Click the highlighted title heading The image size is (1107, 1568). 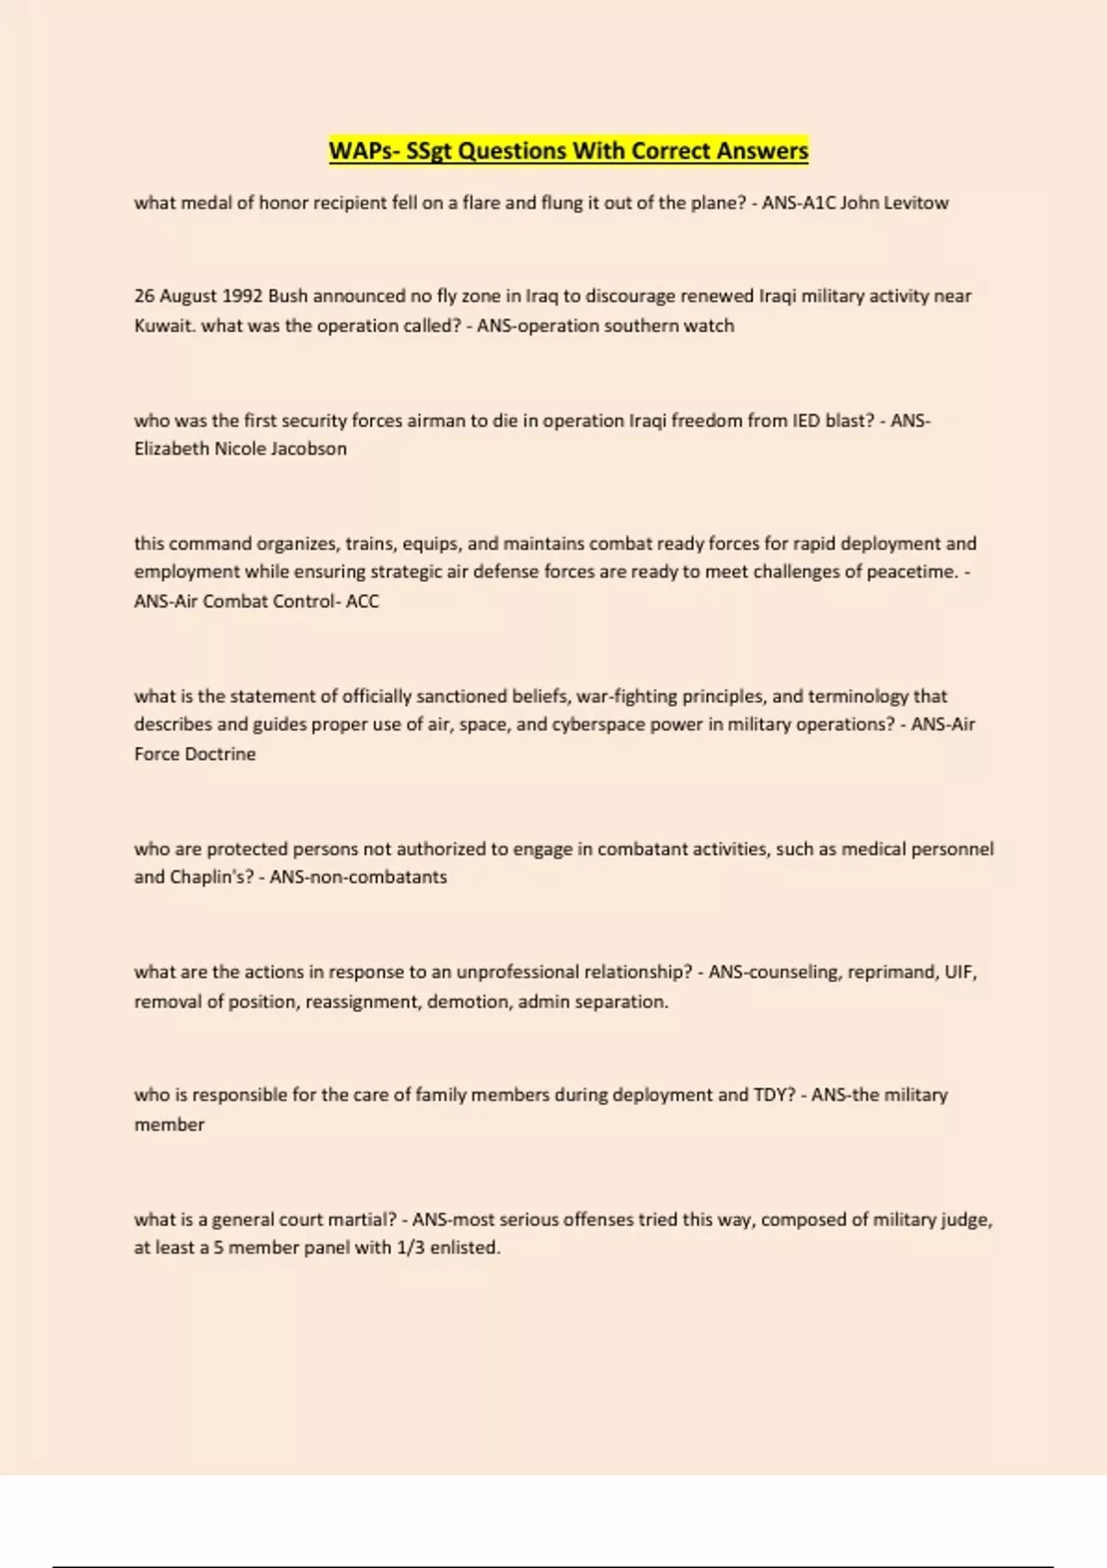pos(568,150)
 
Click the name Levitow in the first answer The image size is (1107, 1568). pos(915,203)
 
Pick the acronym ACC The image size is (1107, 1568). pos(363,601)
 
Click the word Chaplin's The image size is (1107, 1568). pos(211,877)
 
